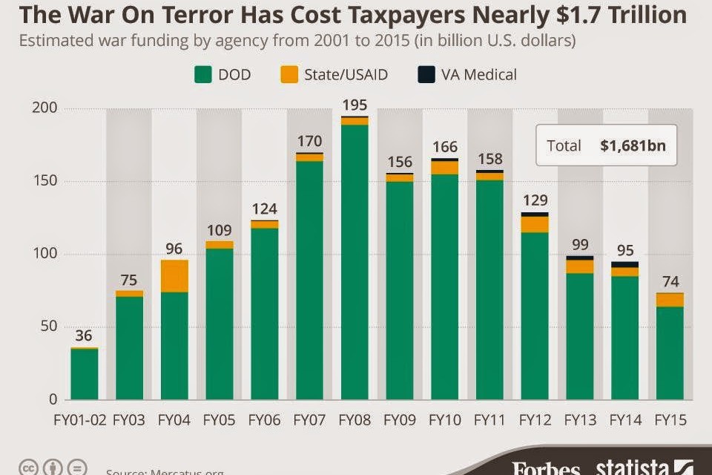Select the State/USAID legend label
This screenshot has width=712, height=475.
coord(346,74)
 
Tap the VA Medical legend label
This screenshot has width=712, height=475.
coord(478,74)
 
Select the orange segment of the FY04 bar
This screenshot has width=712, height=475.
coord(174,276)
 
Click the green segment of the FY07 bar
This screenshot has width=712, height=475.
coord(309,282)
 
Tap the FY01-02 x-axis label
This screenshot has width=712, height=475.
coord(84,420)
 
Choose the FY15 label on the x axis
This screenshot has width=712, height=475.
coord(670,420)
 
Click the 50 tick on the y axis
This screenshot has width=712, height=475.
coord(50,327)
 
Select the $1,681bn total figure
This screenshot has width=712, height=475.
coord(633,145)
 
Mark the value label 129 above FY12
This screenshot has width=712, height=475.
coord(535,201)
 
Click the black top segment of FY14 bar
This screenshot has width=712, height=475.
coord(625,265)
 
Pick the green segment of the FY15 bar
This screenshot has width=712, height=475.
coord(670,353)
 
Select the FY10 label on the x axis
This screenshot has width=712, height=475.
coord(444,420)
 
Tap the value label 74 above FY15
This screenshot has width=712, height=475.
coord(670,281)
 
